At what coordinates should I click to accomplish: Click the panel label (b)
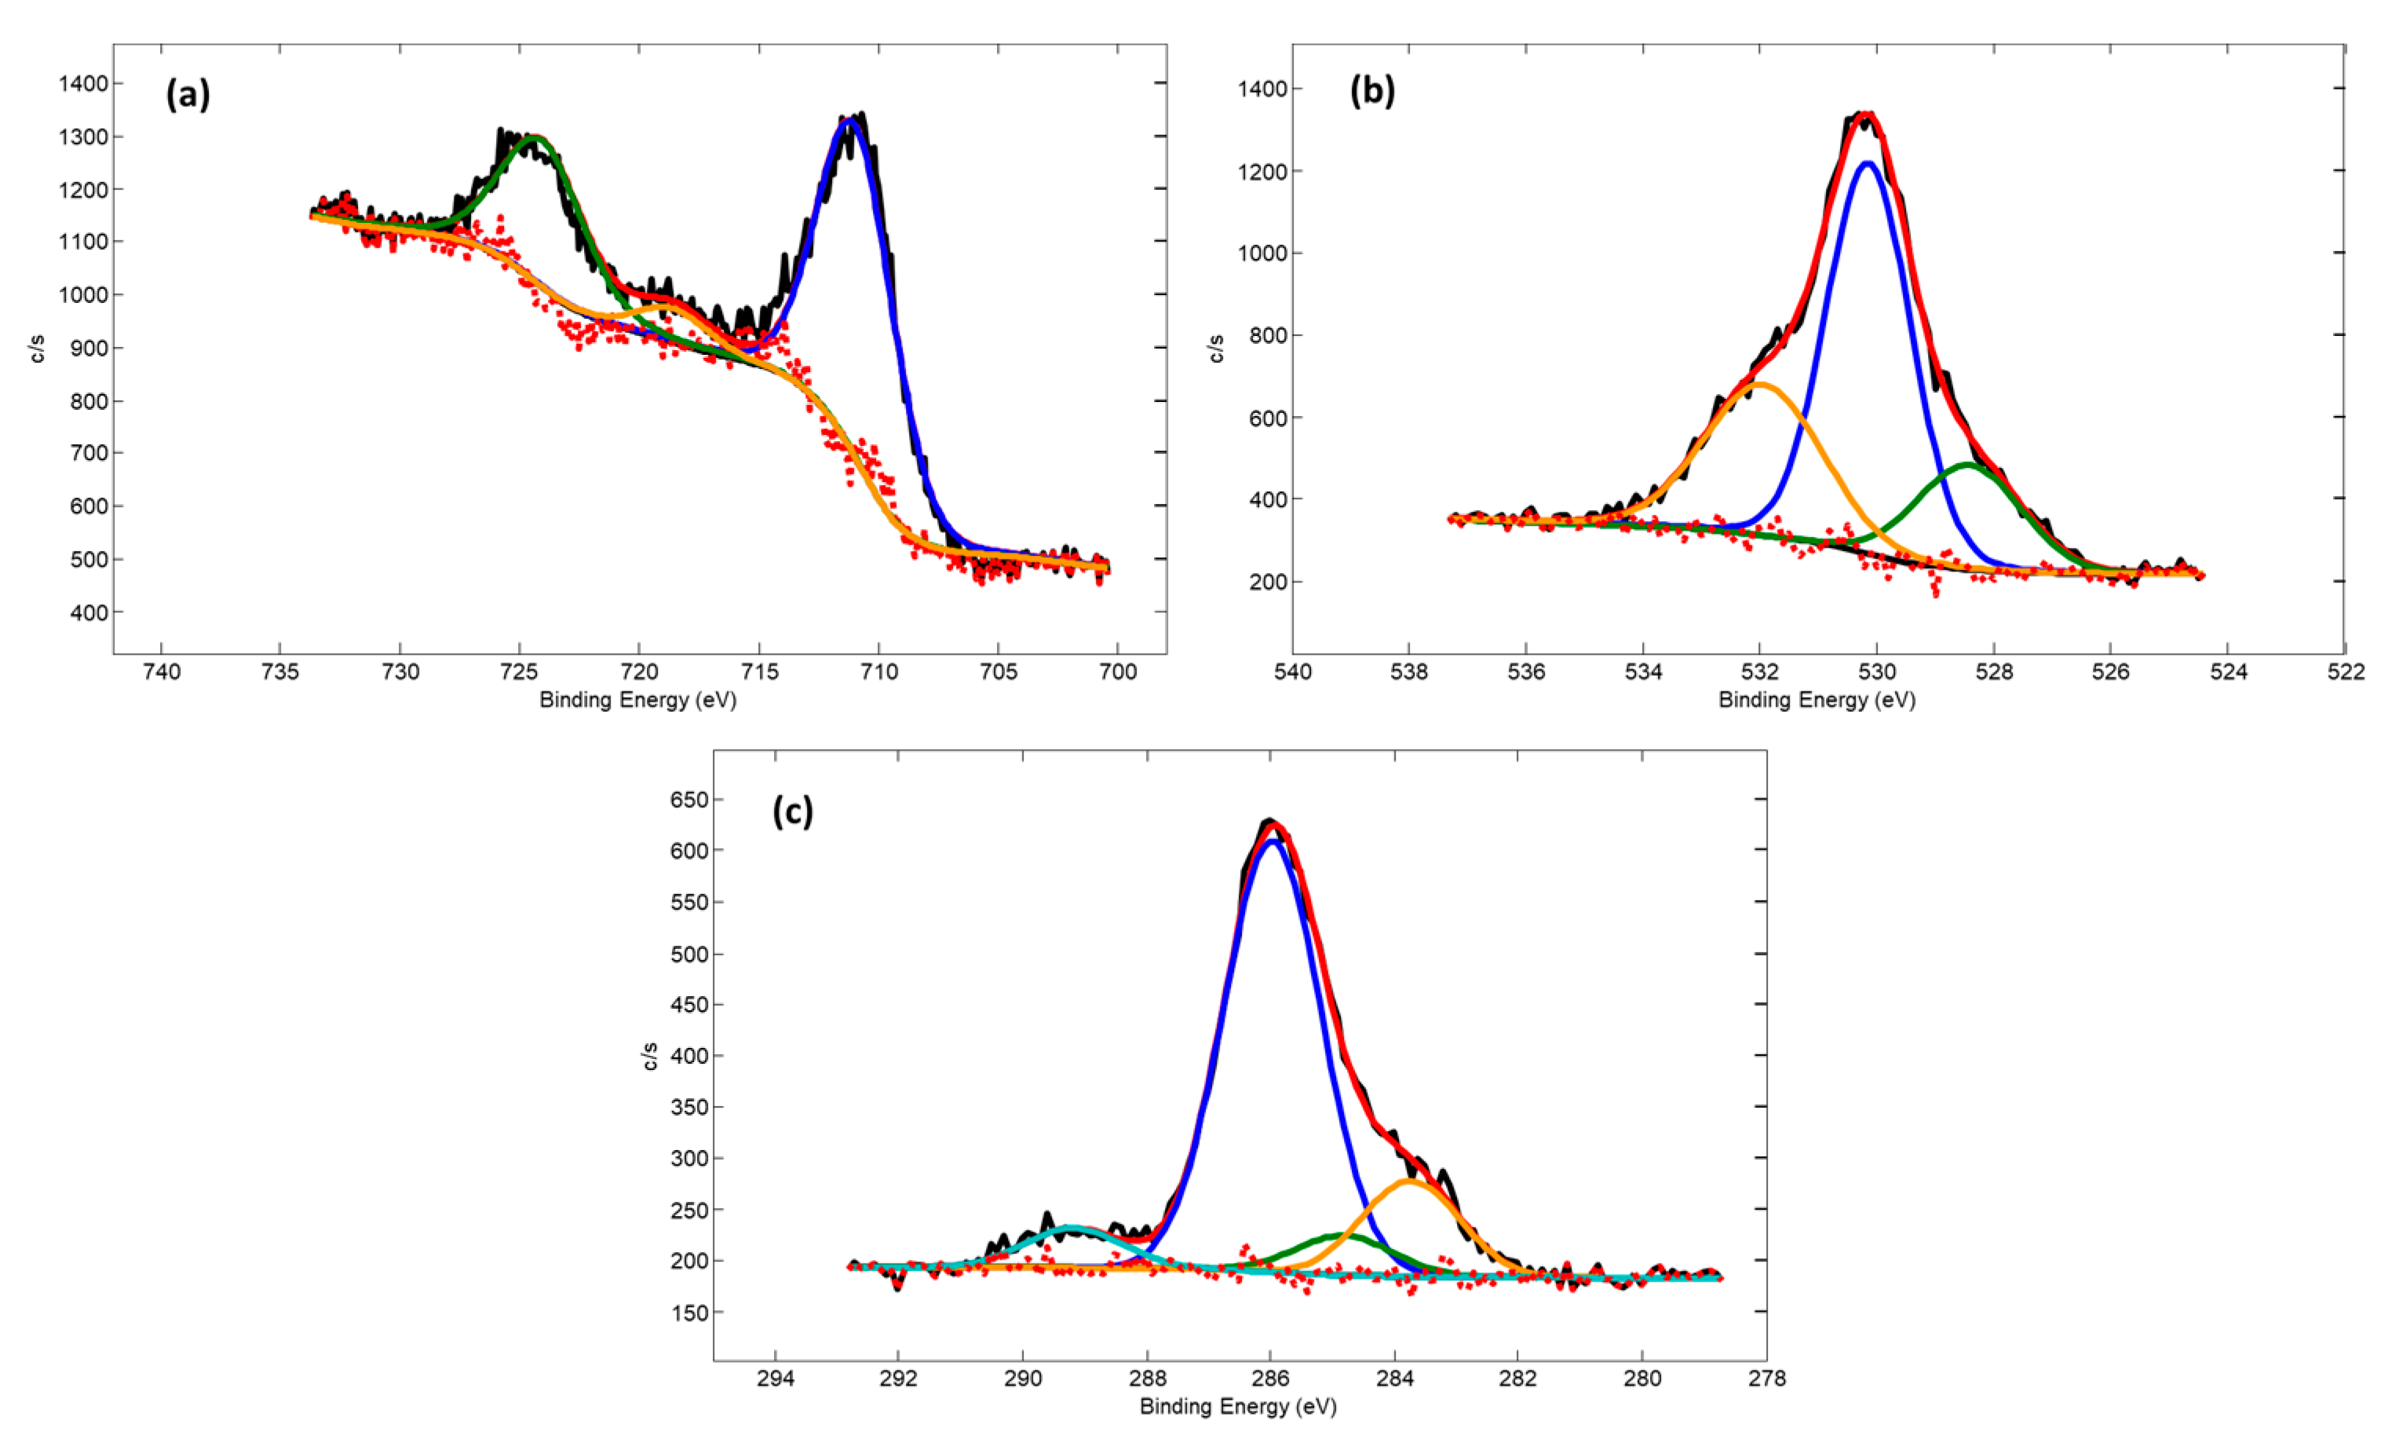coord(1371,90)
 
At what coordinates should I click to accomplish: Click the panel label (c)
coord(792,810)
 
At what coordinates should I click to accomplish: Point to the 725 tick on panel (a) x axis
coord(520,672)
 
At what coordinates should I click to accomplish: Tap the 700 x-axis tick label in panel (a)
coord(1117,672)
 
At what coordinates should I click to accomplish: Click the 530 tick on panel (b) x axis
coord(1876,672)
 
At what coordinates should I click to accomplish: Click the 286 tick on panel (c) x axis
coord(1271,1378)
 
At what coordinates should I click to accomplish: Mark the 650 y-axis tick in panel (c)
coord(688,800)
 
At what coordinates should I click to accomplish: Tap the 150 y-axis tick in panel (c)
coord(688,1313)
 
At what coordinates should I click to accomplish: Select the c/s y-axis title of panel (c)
coord(650,1057)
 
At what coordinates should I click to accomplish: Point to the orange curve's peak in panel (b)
coord(1760,384)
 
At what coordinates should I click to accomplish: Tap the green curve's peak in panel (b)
coord(1967,466)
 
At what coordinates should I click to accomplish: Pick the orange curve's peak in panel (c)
coord(1408,1181)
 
